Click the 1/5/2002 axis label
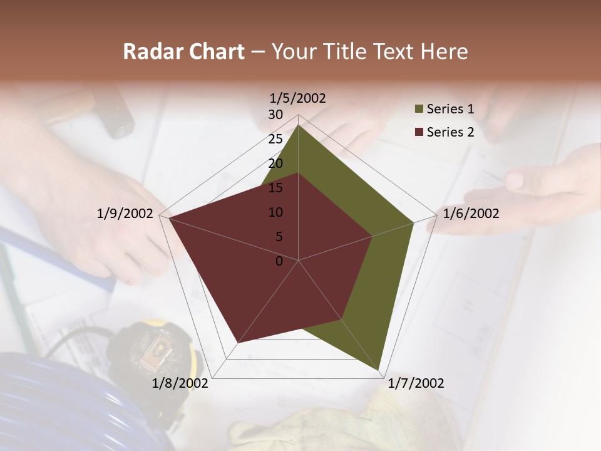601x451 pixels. click(297, 98)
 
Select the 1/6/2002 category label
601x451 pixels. click(471, 214)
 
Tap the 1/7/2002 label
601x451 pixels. click(416, 383)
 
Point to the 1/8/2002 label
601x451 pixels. click(180, 383)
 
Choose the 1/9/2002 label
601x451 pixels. click(125, 214)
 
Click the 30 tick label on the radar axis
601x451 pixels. click(275, 115)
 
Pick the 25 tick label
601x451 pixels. click(275, 139)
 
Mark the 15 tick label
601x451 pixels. click(275, 188)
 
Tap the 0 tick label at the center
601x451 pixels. click(279, 261)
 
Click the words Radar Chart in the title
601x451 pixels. click(183, 51)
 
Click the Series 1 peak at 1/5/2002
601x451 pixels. click(298, 125)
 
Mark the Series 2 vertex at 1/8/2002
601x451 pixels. click(238, 343)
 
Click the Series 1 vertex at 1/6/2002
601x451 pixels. click(413, 222)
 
